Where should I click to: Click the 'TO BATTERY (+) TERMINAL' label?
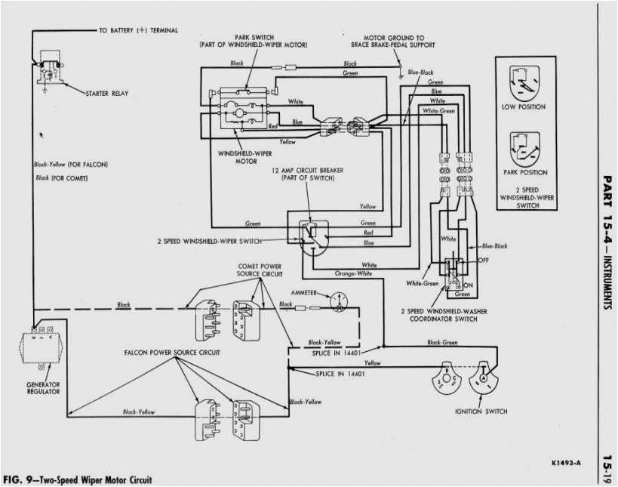pyautogui.click(x=138, y=30)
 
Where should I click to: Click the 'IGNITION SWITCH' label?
pyautogui.click(x=481, y=411)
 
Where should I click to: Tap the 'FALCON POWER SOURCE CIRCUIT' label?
pyautogui.click(x=167, y=353)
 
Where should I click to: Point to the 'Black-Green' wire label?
pyautogui.click(x=442, y=342)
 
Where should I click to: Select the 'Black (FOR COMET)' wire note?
pyautogui.click(x=60, y=178)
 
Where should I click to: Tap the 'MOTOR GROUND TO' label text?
pyautogui.click(x=394, y=38)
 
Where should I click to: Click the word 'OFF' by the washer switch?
pyautogui.click(x=483, y=260)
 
